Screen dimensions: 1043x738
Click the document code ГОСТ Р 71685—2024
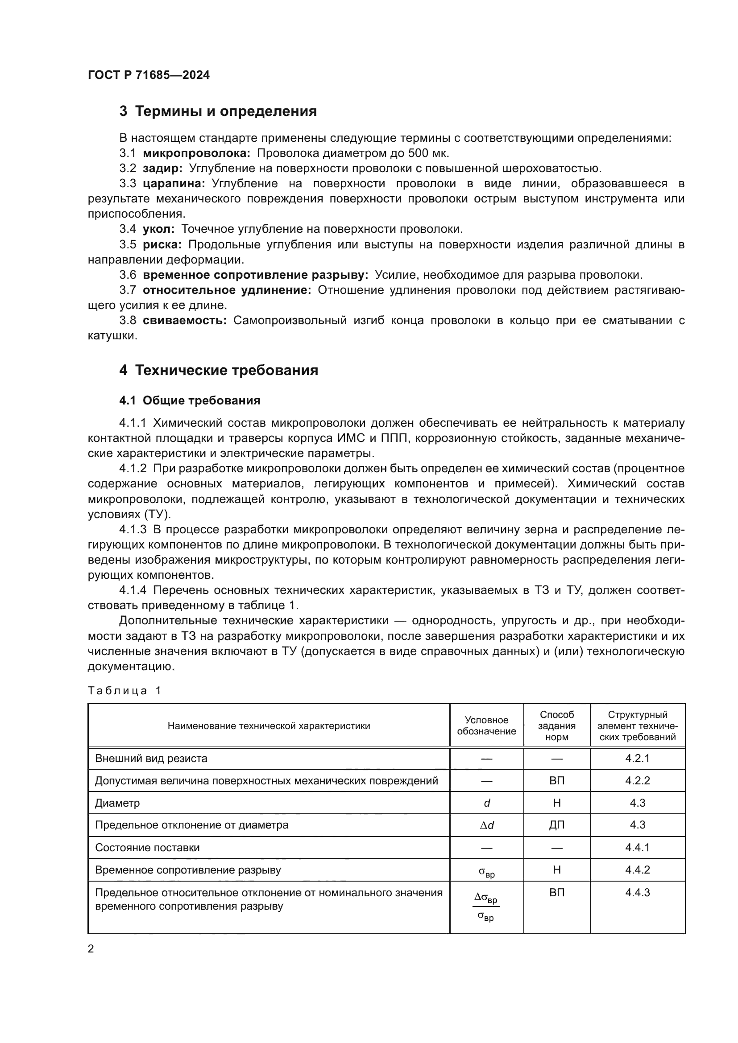(149, 75)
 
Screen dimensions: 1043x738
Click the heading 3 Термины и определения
(218, 111)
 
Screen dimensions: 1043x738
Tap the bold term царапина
(174, 184)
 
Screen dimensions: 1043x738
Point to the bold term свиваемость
(185, 320)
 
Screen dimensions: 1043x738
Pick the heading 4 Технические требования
(219, 370)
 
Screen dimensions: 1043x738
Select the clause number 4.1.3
(133, 530)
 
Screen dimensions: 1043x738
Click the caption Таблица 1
(124, 690)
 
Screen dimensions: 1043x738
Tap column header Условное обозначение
(486, 726)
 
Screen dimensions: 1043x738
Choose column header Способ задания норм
(557, 726)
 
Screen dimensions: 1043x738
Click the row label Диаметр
(117, 803)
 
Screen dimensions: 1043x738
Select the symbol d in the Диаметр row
(487, 803)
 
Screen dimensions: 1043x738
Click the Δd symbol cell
(487, 825)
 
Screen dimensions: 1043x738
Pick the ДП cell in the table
(557, 825)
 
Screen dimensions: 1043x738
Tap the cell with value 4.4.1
(637, 847)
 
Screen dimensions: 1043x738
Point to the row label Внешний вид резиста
(151, 758)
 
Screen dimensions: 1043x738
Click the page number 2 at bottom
(91, 948)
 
